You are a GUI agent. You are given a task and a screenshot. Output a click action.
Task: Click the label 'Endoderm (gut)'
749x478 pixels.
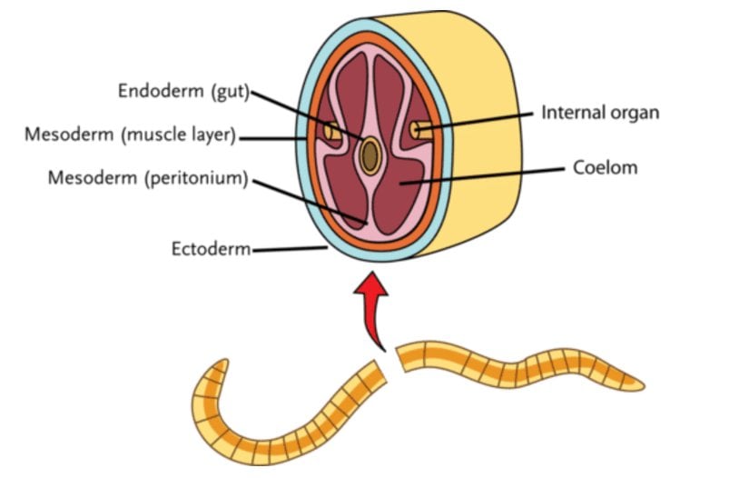[x=183, y=91]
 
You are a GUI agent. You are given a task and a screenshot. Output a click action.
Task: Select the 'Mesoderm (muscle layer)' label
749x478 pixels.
[x=131, y=136]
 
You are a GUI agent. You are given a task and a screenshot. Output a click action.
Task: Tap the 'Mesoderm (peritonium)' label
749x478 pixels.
[x=148, y=177]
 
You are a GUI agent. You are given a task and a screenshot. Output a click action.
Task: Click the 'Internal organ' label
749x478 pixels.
[x=599, y=113]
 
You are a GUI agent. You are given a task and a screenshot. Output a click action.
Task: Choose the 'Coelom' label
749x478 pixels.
[x=605, y=167]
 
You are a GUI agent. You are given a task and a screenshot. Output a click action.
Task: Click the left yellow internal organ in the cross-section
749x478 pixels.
[x=333, y=134]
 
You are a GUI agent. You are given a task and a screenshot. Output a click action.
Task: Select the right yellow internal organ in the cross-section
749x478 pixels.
[x=419, y=130]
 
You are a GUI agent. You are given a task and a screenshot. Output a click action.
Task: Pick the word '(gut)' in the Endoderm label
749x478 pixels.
[x=228, y=91]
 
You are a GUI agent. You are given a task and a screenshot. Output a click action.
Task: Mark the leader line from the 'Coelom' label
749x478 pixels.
[x=490, y=174]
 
